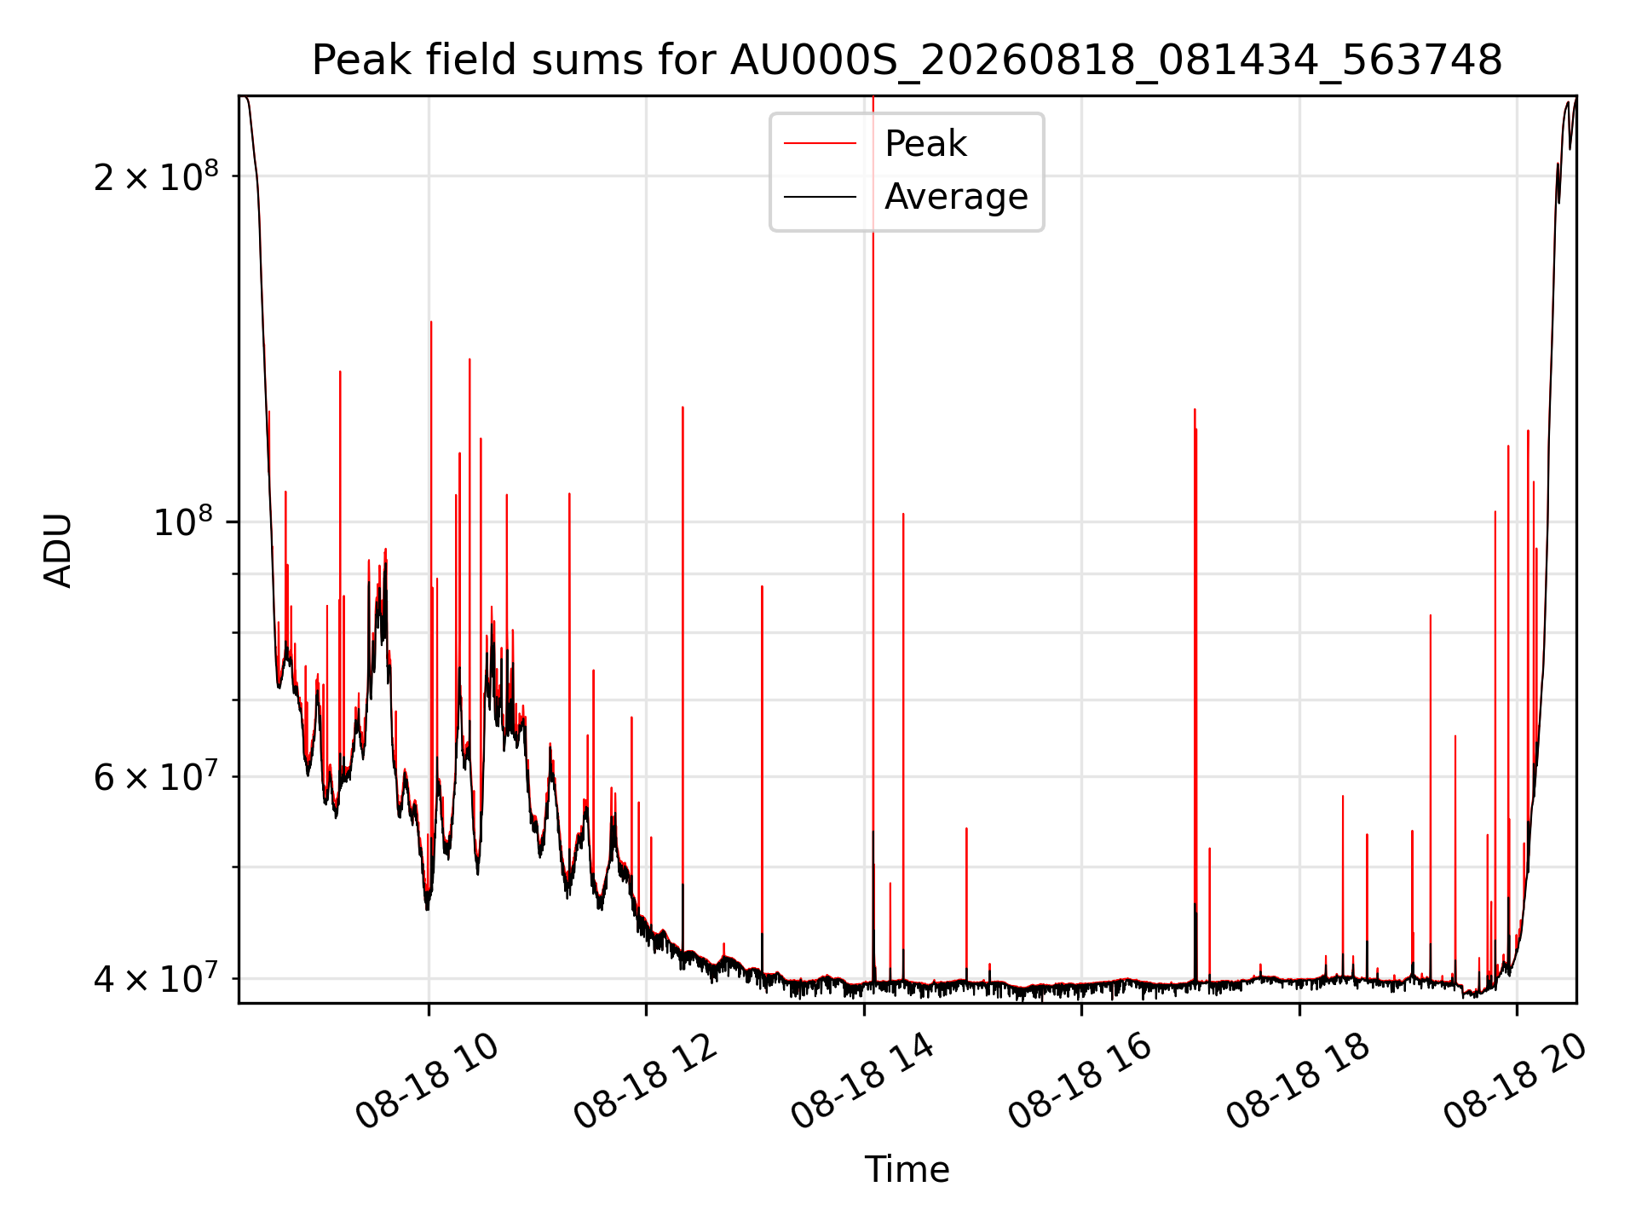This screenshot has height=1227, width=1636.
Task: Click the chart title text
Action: click(x=907, y=60)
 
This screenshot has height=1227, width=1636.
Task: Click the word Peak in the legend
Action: click(x=925, y=144)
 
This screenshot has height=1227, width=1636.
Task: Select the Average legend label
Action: click(x=956, y=197)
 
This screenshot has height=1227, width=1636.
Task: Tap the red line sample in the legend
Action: click(x=820, y=144)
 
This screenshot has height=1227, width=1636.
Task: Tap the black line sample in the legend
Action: click(x=820, y=197)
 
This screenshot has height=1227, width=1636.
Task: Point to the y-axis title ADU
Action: click(x=58, y=550)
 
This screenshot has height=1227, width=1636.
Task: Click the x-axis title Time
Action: click(x=907, y=1170)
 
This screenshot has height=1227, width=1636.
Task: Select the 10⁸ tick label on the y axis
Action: click(x=182, y=521)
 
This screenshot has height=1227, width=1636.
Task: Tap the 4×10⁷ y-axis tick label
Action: click(x=156, y=977)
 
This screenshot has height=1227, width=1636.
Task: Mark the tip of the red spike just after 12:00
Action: click(x=683, y=407)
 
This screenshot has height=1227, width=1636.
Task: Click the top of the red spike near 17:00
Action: click(x=1195, y=410)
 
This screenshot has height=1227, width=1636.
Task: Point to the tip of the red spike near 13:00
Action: click(x=762, y=586)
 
